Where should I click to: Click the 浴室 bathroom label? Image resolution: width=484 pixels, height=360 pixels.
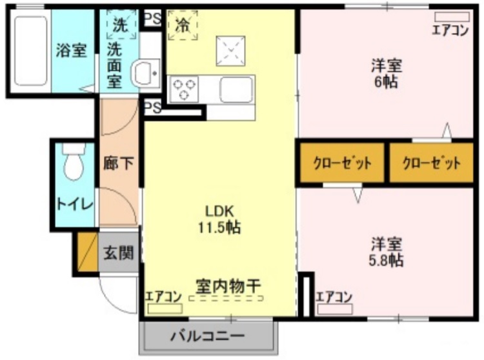71,51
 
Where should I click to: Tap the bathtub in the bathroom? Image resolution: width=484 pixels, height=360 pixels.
30,51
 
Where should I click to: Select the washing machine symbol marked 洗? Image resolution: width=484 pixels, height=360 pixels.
119,26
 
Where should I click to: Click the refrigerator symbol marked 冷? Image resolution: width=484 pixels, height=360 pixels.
183,26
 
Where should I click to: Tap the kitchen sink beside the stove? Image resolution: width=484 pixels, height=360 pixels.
236,89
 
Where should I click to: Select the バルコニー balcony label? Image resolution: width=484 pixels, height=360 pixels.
208,337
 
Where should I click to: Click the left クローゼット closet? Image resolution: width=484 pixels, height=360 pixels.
342,163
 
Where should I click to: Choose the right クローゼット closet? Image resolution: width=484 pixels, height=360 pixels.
432,163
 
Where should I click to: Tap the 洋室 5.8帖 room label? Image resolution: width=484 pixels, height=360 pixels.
387,252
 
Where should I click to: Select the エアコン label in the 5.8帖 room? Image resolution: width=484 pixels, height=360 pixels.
334,297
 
